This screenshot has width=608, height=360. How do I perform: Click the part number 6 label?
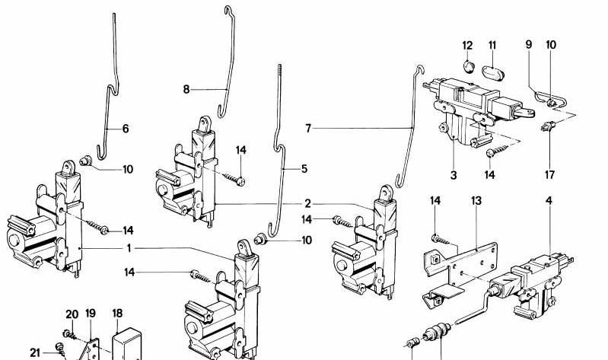(x=126, y=129)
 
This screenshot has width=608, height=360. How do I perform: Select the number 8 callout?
(x=186, y=90)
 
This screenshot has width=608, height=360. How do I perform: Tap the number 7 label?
(x=308, y=128)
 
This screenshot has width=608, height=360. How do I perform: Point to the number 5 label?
(x=304, y=169)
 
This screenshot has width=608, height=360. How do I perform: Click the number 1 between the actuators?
(x=129, y=248)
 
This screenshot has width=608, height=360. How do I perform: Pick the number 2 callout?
(x=307, y=204)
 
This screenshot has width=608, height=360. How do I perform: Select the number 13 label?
(x=476, y=201)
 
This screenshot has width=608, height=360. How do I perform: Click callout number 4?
(x=549, y=201)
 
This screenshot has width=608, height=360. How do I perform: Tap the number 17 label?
(x=549, y=175)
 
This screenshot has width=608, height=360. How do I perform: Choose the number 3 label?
(x=454, y=175)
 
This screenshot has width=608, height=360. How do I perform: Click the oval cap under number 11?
(x=492, y=73)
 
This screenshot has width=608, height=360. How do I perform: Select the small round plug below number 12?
(x=470, y=67)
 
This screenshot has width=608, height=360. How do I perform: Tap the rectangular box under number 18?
(x=126, y=345)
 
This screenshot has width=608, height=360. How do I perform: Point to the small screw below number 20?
(x=69, y=334)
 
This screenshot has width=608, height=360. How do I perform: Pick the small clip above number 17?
(x=549, y=126)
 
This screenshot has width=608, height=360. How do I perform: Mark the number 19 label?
(x=91, y=314)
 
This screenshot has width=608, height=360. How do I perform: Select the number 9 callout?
(x=529, y=45)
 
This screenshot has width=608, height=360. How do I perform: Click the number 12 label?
(x=468, y=46)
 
